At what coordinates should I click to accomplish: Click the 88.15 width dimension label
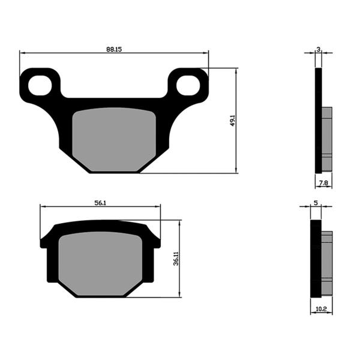(x=114, y=48)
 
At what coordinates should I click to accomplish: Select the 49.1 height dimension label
(x=232, y=120)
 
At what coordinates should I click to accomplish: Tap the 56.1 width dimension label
(x=100, y=203)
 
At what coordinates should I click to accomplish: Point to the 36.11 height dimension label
(x=175, y=259)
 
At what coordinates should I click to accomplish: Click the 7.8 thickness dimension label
(x=323, y=182)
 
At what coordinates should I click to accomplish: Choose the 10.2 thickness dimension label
(x=321, y=309)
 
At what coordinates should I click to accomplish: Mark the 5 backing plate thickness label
(x=316, y=203)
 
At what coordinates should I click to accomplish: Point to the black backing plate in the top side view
(x=319, y=120)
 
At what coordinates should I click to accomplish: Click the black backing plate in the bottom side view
(x=316, y=258)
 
